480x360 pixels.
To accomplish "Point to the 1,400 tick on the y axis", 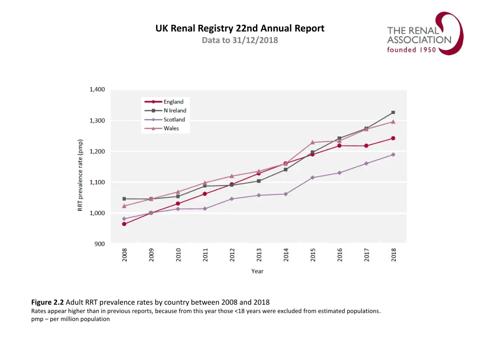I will point(97,90).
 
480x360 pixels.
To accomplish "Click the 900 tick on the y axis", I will point(100,244).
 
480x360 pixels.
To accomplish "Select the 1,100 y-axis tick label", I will point(97,182).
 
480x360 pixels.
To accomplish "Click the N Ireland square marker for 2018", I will point(393,112).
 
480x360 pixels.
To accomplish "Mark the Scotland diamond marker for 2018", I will point(393,155).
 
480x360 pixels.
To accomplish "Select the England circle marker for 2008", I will point(124,224).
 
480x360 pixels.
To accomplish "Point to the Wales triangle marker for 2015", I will point(312,142).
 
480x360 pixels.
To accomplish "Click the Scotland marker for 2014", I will point(285,194).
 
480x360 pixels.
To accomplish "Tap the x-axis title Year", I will point(257,271).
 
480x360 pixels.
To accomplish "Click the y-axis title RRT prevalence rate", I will point(81,175).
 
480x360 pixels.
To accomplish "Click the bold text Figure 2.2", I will point(47,302).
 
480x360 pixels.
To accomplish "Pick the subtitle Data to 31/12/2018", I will point(240,40).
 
